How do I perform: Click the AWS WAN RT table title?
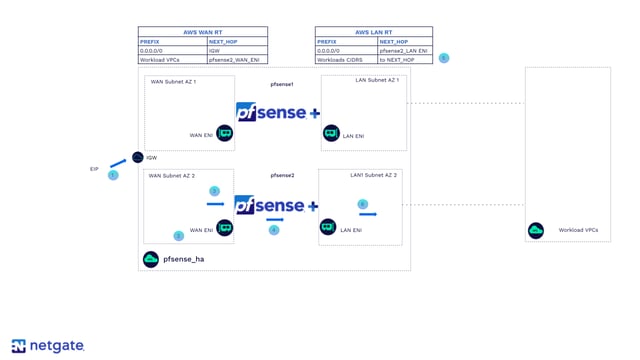click(x=203, y=32)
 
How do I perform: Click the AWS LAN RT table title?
click(x=373, y=32)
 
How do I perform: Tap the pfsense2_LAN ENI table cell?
click(x=404, y=50)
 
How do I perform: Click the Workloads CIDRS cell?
click(x=345, y=60)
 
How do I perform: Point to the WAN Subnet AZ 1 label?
click(x=173, y=82)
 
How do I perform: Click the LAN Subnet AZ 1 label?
click(x=377, y=80)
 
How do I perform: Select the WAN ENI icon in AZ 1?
click(x=225, y=134)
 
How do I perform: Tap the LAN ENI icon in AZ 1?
click(x=331, y=134)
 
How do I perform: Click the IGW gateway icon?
click(x=138, y=158)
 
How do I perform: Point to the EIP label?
click(x=94, y=169)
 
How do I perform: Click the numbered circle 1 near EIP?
click(x=113, y=175)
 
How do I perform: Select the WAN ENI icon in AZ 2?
click(x=225, y=228)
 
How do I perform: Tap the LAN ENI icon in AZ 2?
click(x=328, y=228)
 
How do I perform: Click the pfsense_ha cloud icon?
click(x=150, y=259)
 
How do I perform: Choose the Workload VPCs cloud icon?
click(x=536, y=231)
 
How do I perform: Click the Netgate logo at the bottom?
click(x=48, y=346)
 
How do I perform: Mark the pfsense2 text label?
click(x=282, y=175)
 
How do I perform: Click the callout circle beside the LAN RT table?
click(x=444, y=58)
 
